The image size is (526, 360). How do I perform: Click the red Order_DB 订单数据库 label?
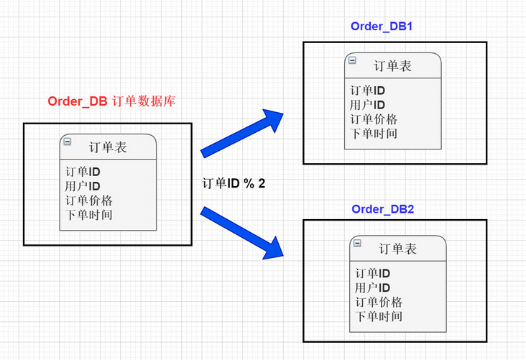coord(111,101)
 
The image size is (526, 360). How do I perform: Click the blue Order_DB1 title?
coord(380,27)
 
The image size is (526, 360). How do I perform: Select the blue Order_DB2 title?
coord(382,209)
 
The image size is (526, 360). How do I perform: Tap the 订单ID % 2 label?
coord(234,184)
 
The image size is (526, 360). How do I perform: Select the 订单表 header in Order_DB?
coord(108,147)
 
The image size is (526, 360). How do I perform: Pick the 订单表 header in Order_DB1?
coord(392,66)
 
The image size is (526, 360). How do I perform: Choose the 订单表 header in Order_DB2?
coord(397,249)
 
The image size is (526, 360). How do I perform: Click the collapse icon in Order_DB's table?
coord(67,142)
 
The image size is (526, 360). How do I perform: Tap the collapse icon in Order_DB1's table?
coord(352,60)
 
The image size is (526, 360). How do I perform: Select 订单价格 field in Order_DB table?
coord(88,200)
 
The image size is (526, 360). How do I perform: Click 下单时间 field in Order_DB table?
coord(88,214)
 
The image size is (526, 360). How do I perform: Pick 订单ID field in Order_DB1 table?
coord(367,91)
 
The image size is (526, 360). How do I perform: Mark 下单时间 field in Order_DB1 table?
coord(374,133)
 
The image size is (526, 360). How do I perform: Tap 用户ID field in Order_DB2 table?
coord(372,287)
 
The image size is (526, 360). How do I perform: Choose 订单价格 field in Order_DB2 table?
coord(379,302)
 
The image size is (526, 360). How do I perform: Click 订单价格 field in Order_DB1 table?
coord(374,119)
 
